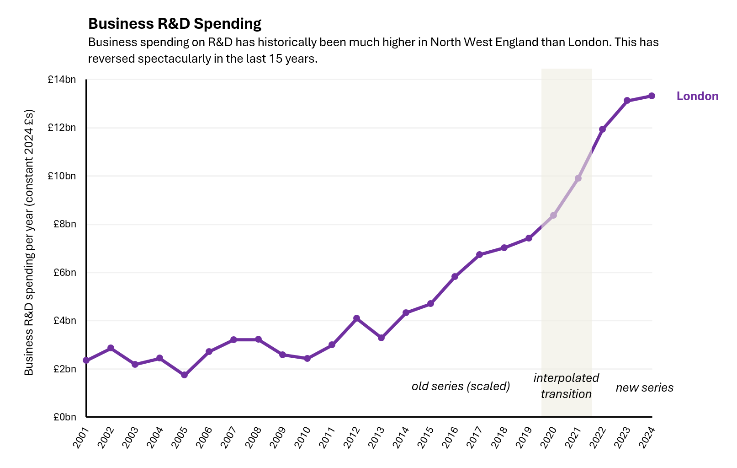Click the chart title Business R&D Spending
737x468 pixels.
pyautogui.click(x=175, y=24)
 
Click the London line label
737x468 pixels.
pyautogui.click(x=697, y=96)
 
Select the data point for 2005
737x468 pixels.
pyautogui.click(x=184, y=375)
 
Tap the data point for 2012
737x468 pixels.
pyautogui.click(x=356, y=318)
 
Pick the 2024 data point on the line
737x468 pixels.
pyautogui.click(x=652, y=96)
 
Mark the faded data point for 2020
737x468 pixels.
pyautogui.click(x=553, y=215)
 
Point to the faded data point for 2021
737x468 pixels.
pyautogui.click(x=578, y=178)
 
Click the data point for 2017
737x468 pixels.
pyautogui.click(x=479, y=254)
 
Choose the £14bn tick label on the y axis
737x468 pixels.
pyautogui.click(x=62, y=80)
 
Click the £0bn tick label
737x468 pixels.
pyautogui.click(x=64, y=417)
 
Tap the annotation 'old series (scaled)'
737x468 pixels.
pyautogui.click(x=461, y=386)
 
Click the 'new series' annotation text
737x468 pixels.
pyautogui.click(x=644, y=387)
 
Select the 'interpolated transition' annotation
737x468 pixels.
pyautogui.click(x=566, y=386)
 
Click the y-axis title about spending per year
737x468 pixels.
pyautogui.click(x=29, y=242)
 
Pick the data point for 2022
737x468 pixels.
pyautogui.click(x=602, y=129)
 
